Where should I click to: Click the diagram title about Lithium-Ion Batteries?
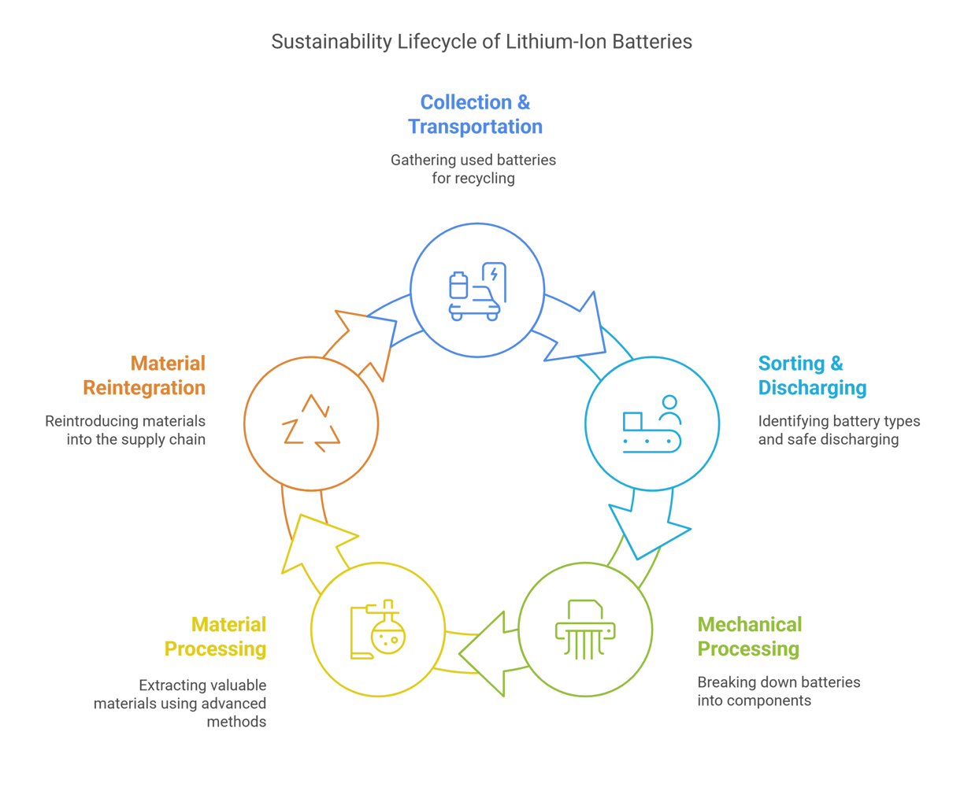[481, 42]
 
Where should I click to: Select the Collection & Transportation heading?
[475, 114]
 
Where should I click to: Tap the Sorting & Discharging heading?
[811, 375]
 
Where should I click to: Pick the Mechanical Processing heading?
[749, 637]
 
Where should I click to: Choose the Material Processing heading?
[216, 637]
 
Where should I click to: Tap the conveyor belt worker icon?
[651, 423]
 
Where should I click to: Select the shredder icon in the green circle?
[585, 629]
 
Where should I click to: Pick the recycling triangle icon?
[311, 423]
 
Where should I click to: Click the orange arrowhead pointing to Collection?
[365, 341]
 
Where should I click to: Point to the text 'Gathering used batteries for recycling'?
[473, 169]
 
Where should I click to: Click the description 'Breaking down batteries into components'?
[778, 691]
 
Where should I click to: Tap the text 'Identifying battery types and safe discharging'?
[839, 430]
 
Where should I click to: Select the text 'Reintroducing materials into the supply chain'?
[125, 430]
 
